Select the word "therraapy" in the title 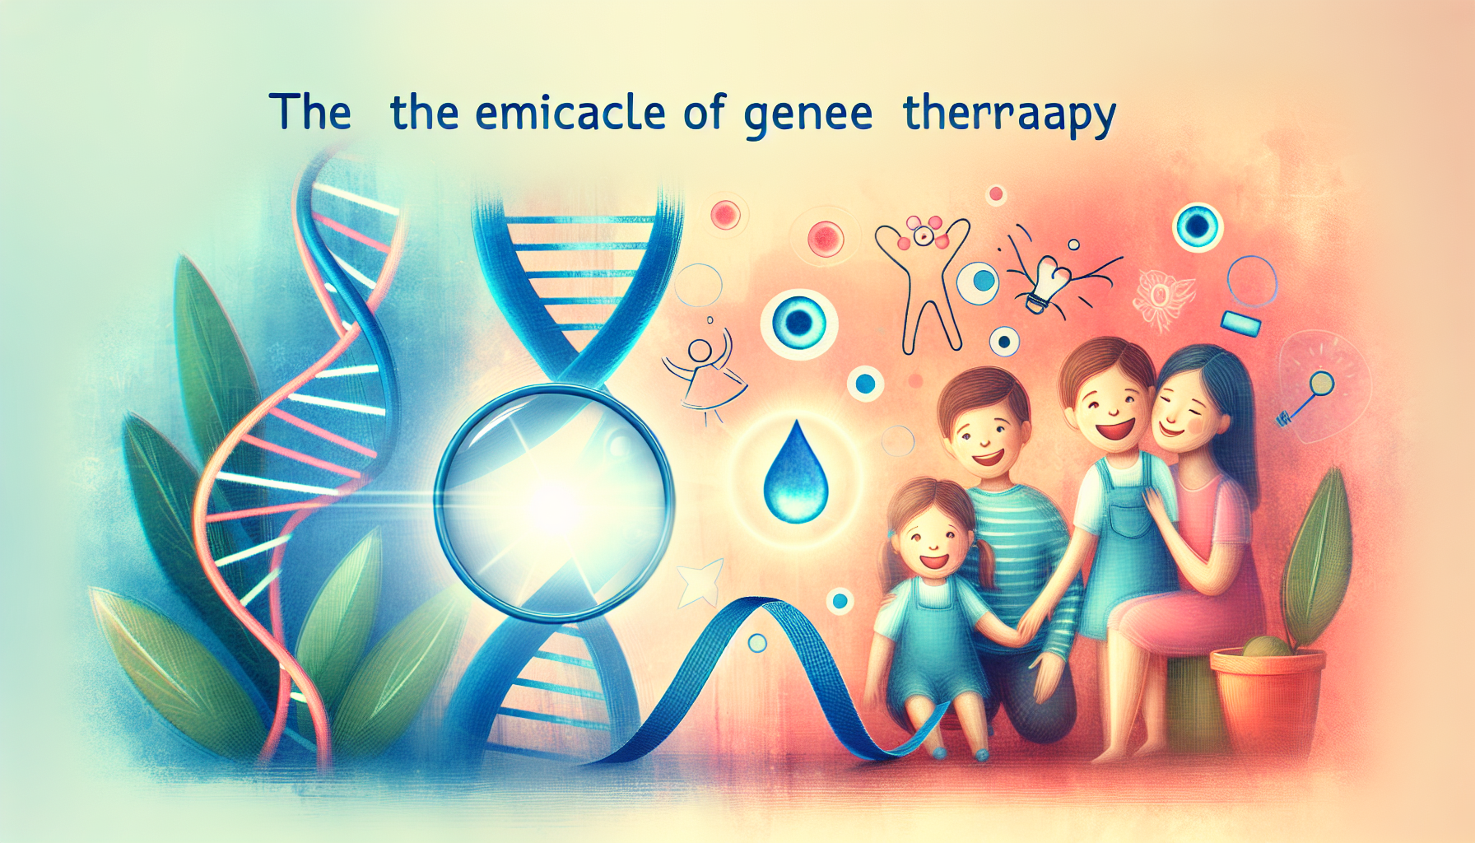(1009, 115)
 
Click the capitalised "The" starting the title (309, 112)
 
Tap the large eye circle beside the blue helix (798, 323)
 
